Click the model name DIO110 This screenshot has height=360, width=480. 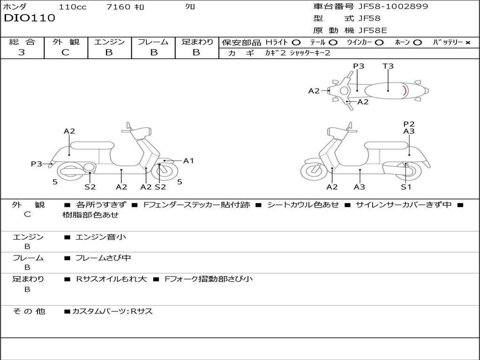(30, 18)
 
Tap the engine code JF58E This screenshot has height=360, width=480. (373, 31)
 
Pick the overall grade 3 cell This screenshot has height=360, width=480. (22, 52)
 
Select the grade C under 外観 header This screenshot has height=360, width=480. (65, 52)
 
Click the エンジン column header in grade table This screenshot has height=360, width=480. (109, 42)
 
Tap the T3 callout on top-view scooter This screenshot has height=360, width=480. (388, 66)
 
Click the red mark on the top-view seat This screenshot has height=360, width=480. (405, 90)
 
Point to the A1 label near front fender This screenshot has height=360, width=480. (188, 161)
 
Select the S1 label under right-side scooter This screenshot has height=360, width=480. (406, 187)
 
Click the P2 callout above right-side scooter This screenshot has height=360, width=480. (409, 124)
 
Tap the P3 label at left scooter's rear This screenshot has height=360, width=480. (37, 164)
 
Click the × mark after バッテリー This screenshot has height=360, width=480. (467, 42)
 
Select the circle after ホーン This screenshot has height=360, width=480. (417, 42)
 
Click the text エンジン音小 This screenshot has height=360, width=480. (101, 237)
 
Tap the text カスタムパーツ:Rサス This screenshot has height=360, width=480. (112, 311)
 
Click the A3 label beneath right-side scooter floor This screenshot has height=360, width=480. (360, 187)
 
